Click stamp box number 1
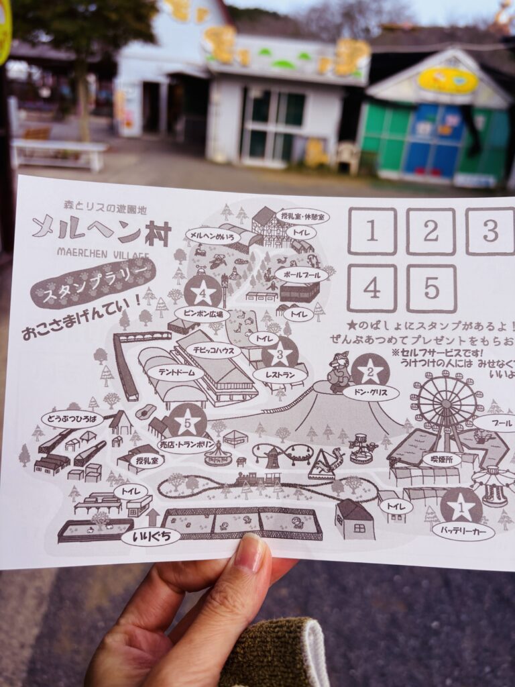click(371, 231)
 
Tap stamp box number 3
click(490, 231)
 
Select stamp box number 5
click(431, 288)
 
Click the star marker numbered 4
click(203, 292)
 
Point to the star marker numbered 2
click(369, 370)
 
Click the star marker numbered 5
click(187, 421)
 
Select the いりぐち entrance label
click(151, 536)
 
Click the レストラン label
click(280, 375)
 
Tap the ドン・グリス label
click(370, 392)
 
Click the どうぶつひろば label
click(72, 419)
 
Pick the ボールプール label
click(301, 274)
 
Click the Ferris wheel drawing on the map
click(446, 406)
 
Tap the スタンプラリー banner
click(93, 282)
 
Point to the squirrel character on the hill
click(339, 372)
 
